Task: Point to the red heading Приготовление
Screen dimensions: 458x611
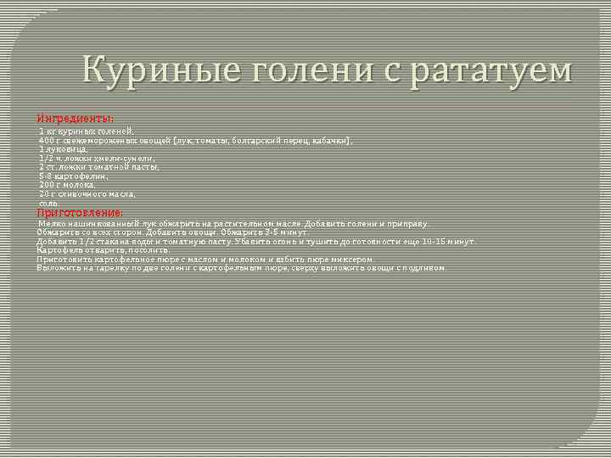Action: pyautogui.click(x=81, y=212)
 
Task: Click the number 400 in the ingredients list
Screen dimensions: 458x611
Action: pyautogui.click(x=47, y=140)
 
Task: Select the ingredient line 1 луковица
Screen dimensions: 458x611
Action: pyautogui.click(x=63, y=149)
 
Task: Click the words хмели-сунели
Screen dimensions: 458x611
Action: pyautogui.click(x=128, y=159)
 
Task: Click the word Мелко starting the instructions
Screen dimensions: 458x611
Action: pyautogui.click(x=50, y=224)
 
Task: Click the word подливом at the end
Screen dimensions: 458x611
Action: pyautogui.click(x=425, y=268)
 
